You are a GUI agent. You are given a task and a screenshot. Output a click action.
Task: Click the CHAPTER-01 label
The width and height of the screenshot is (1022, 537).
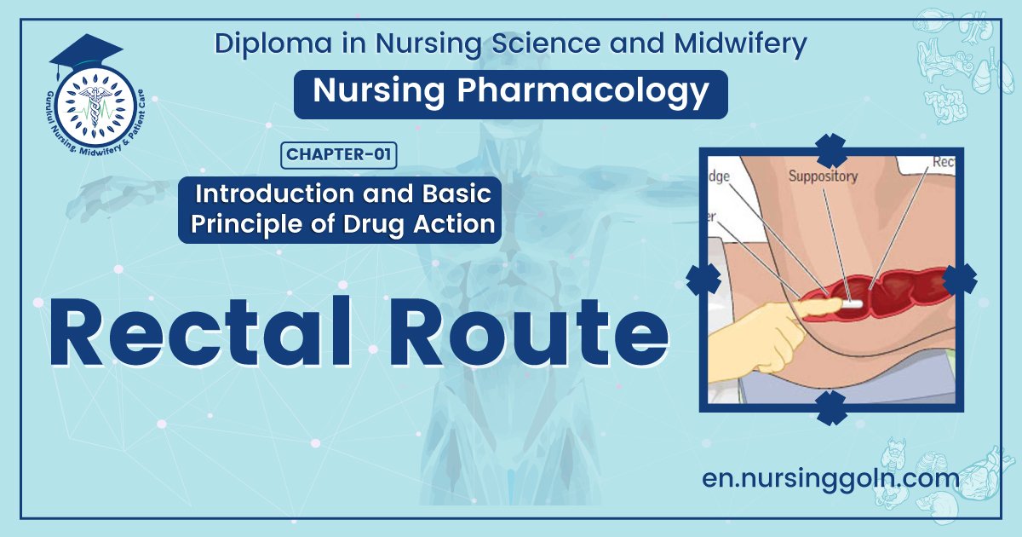tap(339, 154)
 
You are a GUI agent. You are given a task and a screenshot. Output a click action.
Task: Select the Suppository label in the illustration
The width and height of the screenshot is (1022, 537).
tap(823, 176)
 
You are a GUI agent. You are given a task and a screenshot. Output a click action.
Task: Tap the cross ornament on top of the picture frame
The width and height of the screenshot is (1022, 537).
tap(830, 149)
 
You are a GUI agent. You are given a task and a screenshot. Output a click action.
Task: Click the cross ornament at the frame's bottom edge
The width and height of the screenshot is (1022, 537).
tap(830, 407)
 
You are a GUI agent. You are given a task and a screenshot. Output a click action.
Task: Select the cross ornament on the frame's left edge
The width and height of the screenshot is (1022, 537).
tap(703, 279)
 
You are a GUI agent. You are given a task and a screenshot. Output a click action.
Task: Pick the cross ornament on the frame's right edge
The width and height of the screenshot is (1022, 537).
tap(959, 279)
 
